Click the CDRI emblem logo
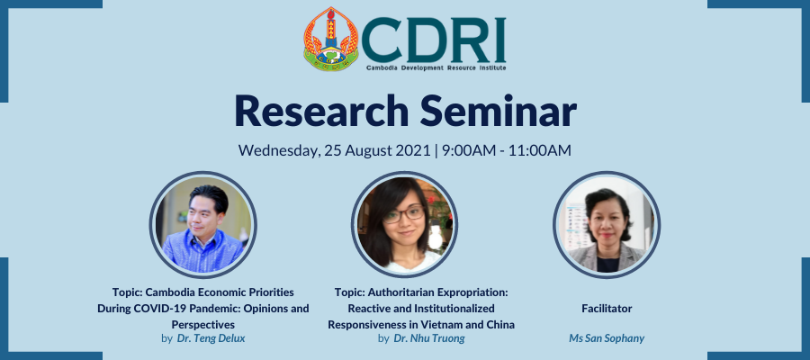(x=330, y=39)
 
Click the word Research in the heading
(x=321, y=111)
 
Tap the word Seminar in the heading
(x=498, y=111)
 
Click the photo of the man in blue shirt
(x=203, y=225)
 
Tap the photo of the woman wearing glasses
(x=404, y=225)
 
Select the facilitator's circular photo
(x=607, y=225)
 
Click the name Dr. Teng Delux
(x=211, y=338)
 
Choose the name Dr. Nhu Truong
(x=429, y=338)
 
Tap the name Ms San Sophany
(x=607, y=338)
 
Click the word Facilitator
(x=607, y=309)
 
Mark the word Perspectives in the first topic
(x=203, y=325)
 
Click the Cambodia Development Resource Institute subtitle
(x=436, y=67)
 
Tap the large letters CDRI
(x=434, y=40)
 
